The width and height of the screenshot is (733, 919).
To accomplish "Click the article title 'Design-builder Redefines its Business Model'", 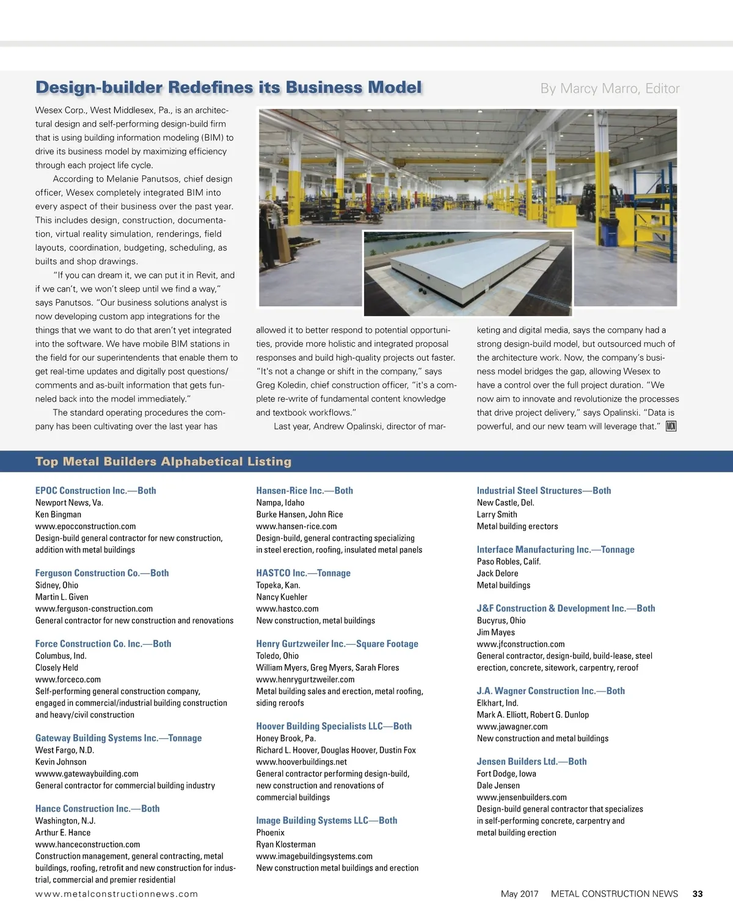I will click(228, 87).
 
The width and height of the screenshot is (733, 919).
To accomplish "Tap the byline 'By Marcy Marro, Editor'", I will click(610, 89).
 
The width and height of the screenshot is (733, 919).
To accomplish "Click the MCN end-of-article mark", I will click(671, 427).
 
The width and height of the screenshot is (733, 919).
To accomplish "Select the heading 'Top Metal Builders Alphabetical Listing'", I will click(163, 461).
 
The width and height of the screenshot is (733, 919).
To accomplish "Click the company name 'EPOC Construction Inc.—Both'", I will click(95, 491).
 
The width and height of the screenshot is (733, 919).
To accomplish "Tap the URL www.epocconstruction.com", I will click(86, 526).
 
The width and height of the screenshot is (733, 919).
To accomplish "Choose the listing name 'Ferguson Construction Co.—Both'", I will click(102, 573).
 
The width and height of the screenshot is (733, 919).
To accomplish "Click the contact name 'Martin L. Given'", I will click(62, 597).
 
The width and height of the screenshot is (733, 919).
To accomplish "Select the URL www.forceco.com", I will click(68, 679).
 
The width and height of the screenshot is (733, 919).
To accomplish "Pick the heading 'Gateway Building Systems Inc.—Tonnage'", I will click(119, 738).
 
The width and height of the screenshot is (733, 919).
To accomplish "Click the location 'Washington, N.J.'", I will click(65, 821).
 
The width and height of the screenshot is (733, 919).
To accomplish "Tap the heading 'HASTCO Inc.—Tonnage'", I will click(303, 573).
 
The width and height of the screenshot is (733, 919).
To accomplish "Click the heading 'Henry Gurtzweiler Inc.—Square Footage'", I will click(337, 644).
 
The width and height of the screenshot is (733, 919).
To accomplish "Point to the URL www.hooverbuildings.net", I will click(301, 762).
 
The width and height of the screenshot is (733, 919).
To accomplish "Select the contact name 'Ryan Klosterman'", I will click(286, 844).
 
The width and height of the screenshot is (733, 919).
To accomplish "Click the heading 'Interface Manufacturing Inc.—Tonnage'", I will click(555, 550).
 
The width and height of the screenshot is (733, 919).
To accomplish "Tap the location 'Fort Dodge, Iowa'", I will click(506, 774).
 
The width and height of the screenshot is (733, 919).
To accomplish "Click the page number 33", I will click(698, 894).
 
